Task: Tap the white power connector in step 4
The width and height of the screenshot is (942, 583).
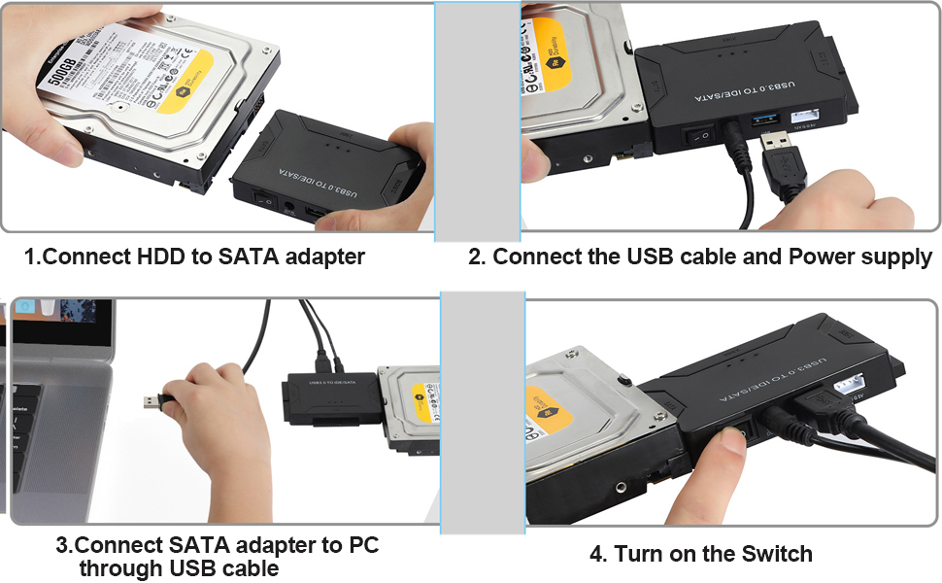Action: (849, 387)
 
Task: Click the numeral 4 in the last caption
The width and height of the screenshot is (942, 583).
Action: (596, 554)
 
